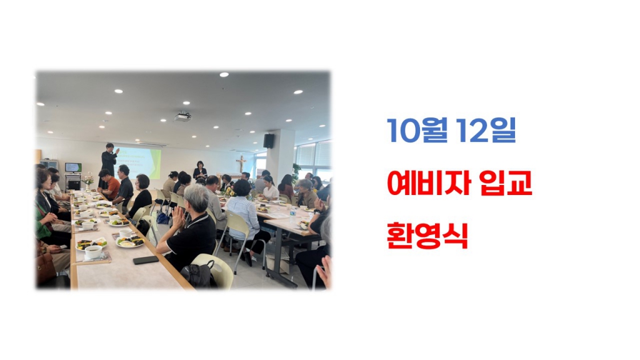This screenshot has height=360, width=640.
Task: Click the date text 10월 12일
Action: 451,131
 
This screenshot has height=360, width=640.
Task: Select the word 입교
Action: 507,184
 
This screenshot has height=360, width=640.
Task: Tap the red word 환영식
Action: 427,237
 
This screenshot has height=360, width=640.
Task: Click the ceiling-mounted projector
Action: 182,116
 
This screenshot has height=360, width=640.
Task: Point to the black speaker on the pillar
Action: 269,141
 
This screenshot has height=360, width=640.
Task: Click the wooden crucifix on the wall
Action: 241,164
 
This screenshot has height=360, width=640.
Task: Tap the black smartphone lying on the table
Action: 146,260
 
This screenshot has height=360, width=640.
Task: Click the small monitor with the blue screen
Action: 73,167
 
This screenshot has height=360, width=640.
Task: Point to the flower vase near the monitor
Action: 88,181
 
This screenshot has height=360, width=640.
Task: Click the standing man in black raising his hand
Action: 109,160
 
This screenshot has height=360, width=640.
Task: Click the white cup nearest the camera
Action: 94,251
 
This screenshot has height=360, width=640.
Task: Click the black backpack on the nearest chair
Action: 199,275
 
